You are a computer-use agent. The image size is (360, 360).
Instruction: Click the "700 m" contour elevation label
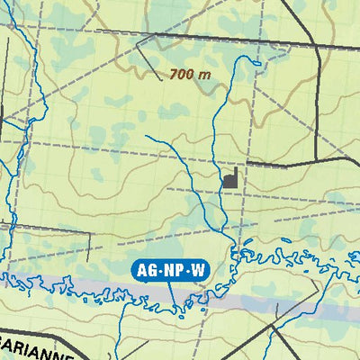pos(189,75)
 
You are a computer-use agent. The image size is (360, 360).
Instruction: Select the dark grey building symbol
pos(232,178)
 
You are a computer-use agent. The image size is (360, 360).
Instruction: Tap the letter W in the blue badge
pos(194,269)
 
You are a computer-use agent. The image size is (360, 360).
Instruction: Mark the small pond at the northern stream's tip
pos(256,60)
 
